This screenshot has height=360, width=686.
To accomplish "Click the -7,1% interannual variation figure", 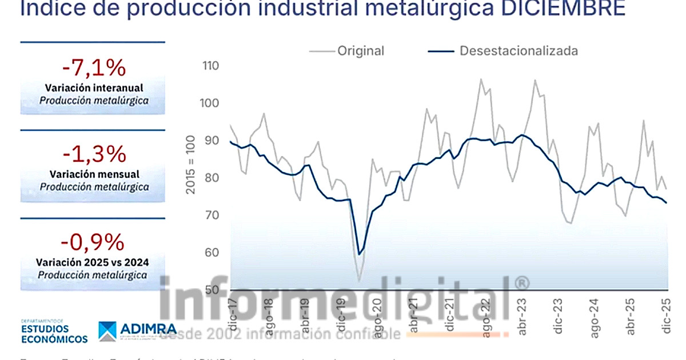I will [x=94, y=68].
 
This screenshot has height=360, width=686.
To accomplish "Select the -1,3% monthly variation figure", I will [x=94, y=154].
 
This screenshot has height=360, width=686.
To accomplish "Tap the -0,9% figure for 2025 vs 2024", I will [x=94, y=242].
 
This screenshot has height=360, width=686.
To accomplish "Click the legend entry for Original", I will [x=360, y=51].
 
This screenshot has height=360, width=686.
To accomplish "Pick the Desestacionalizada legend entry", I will [x=519, y=51].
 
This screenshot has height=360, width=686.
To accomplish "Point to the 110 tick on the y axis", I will [x=211, y=66].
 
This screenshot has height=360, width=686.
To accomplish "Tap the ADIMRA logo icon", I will [x=107, y=330].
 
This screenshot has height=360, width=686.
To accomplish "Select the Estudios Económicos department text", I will [x=54, y=334].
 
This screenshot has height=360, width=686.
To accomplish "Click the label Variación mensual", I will [x=94, y=174].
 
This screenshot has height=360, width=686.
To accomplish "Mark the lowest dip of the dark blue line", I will [x=359, y=254].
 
